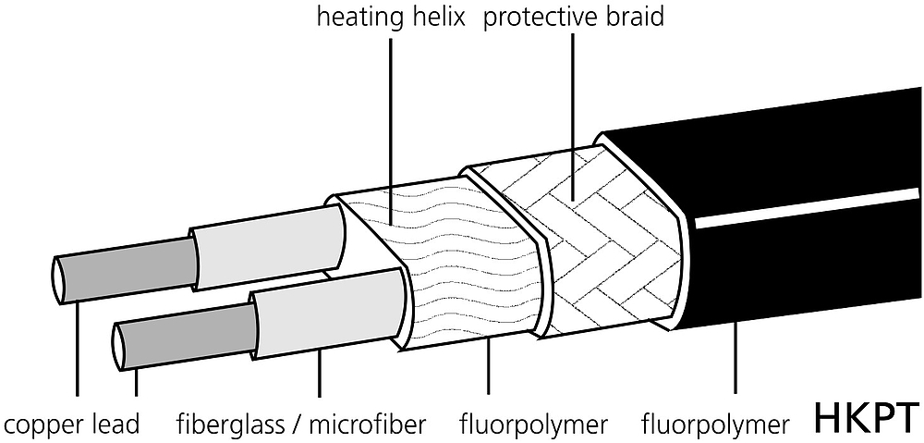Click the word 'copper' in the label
(44, 425)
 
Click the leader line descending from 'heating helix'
(390, 129)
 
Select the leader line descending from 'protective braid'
(573, 116)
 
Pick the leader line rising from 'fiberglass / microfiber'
(319, 373)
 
